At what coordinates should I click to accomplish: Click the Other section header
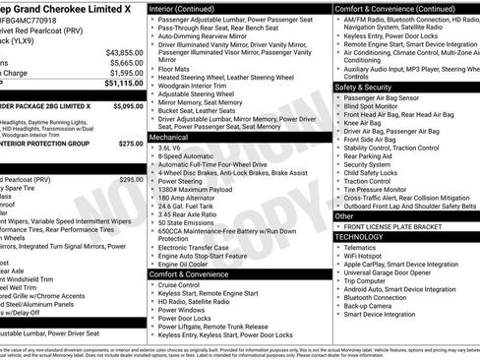click(344, 215)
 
